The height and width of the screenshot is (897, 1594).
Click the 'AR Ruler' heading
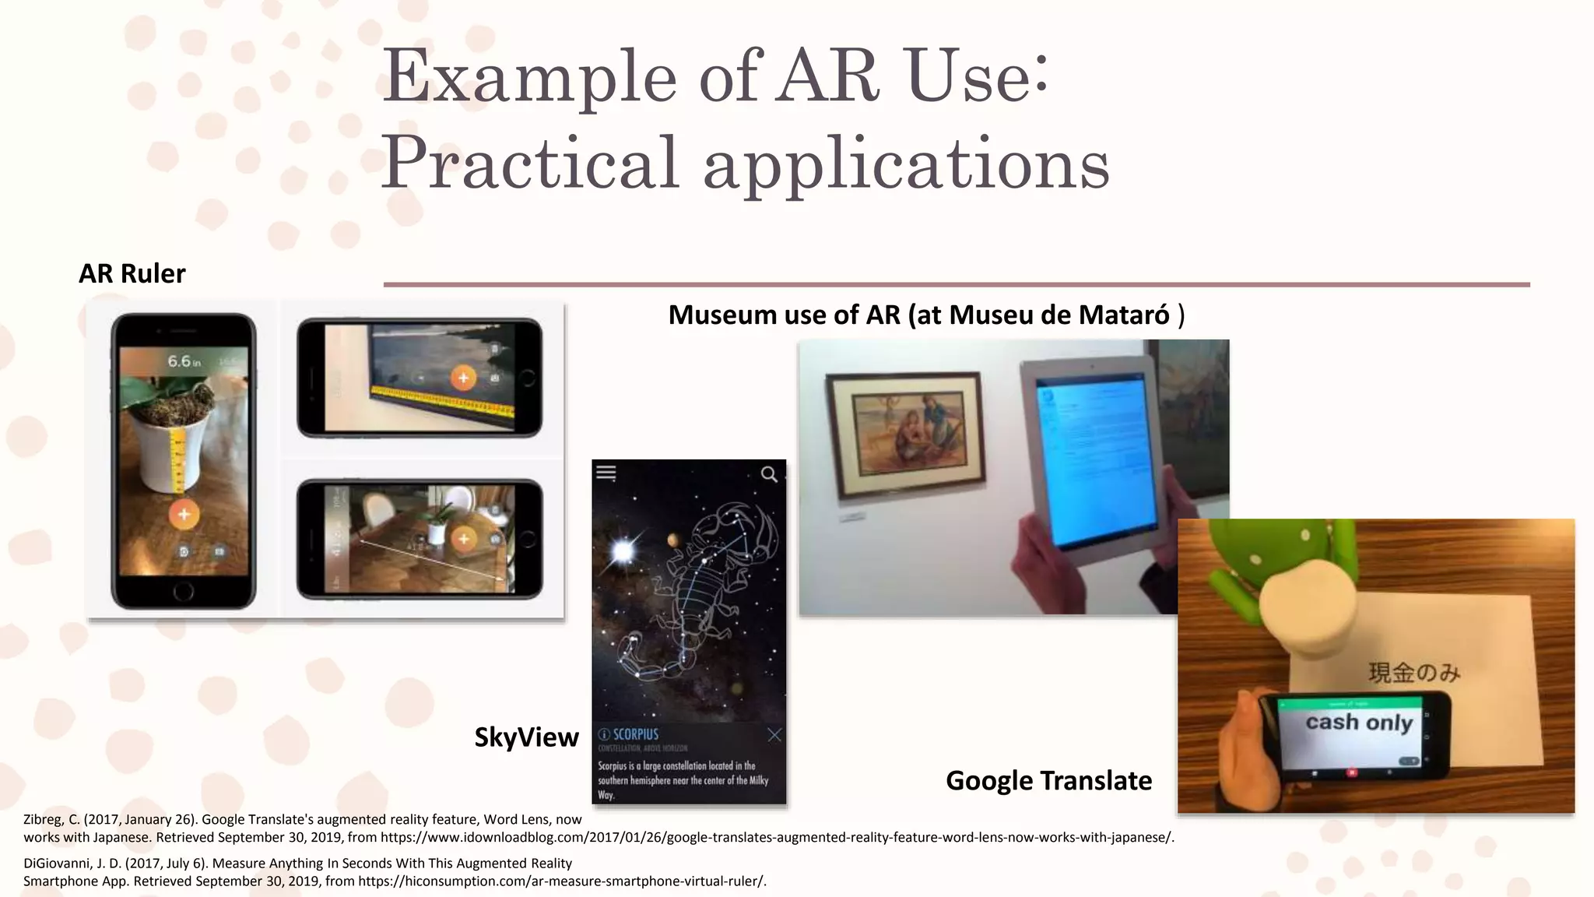click(x=132, y=273)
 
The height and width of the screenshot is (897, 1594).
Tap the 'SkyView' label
click(x=526, y=737)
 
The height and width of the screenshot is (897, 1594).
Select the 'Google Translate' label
click(x=1048, y=780)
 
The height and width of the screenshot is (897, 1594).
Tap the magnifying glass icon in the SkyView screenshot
click(x=769, y=474)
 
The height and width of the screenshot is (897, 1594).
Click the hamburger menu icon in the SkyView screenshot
click(x=606, y=473)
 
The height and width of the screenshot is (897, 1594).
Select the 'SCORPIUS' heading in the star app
click(x=634, y=734)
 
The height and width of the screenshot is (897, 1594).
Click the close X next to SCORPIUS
click(x=774, y=734)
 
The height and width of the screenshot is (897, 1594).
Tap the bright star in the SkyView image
click(x=623, y=551)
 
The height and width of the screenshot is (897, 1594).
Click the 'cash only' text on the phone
click(x=1358, y=723)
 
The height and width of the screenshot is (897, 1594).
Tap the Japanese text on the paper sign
click(x=1414, y=672)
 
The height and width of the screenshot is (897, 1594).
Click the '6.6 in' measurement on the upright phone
click(x=184, y=361)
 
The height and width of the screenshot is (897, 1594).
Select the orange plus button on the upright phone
click(x=184, y=514)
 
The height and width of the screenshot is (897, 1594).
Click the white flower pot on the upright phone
click(x=181, y=452)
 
